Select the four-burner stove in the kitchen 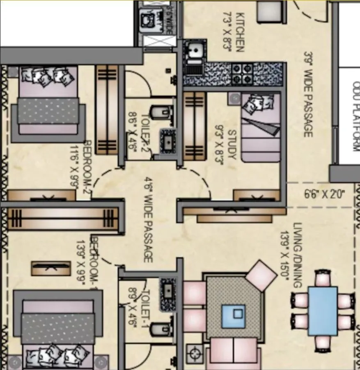click(x=242, y=74)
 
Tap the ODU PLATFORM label click(x=356, y=116)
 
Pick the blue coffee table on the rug click(x=234, y=316)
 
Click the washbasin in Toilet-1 click(x=167, y=291)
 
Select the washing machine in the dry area click(x=146, y=20)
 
